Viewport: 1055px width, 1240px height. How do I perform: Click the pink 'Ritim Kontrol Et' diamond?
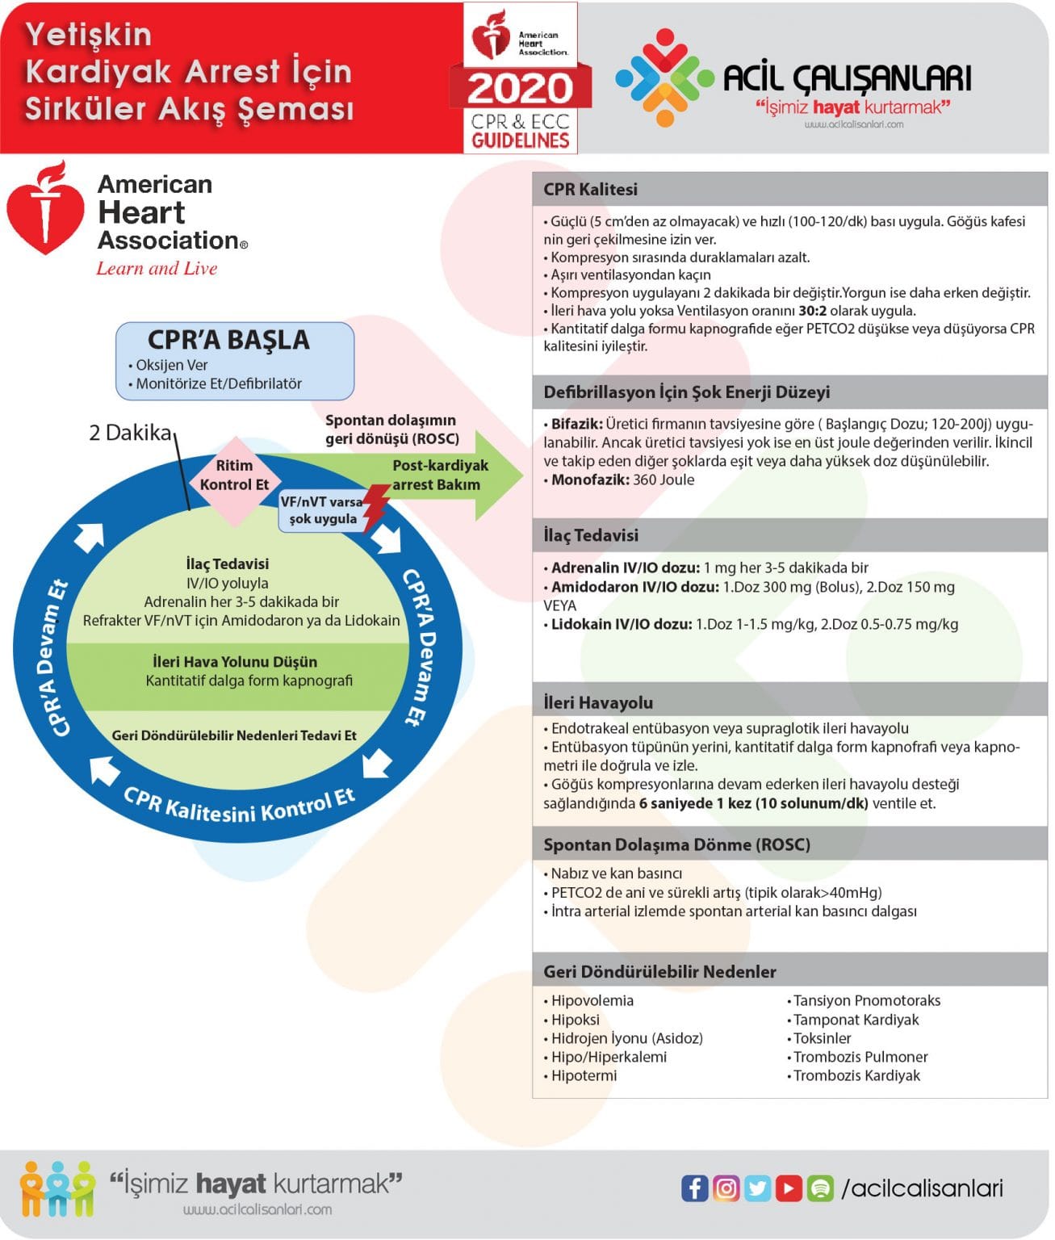point(234,476)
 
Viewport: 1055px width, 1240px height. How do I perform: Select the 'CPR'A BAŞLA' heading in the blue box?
point(228,340)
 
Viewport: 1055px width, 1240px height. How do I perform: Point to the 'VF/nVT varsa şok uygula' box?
point(322,510)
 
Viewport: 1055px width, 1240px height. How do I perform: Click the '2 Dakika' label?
point(130,433)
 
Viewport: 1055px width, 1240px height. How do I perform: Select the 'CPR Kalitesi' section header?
point(590,190)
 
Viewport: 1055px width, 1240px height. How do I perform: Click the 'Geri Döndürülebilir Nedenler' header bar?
point(659,971)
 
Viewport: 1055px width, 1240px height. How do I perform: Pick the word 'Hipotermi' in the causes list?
point(584,1075)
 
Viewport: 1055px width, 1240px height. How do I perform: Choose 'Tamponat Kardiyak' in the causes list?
point(856,1020)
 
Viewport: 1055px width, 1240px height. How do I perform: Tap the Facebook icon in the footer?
point(694,1188)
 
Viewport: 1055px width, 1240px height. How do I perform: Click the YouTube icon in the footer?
point(789,1188)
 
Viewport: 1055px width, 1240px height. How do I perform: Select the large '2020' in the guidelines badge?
point(521,87)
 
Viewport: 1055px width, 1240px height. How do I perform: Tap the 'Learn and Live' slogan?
point(157,269)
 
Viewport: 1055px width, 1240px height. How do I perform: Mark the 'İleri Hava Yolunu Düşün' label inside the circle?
point(235,662)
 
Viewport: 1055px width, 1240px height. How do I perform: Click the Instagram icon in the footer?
point(726,1188)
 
